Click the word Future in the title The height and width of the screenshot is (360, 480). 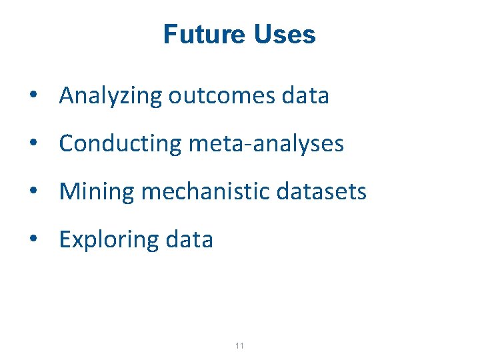point(203,35)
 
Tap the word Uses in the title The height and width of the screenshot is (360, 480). point(284,35)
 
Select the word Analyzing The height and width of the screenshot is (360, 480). point(111,97)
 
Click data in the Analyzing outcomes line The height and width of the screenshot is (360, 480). point(305,96)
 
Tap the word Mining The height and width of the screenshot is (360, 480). point(97,192)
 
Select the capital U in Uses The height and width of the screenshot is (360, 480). point(262,35)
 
